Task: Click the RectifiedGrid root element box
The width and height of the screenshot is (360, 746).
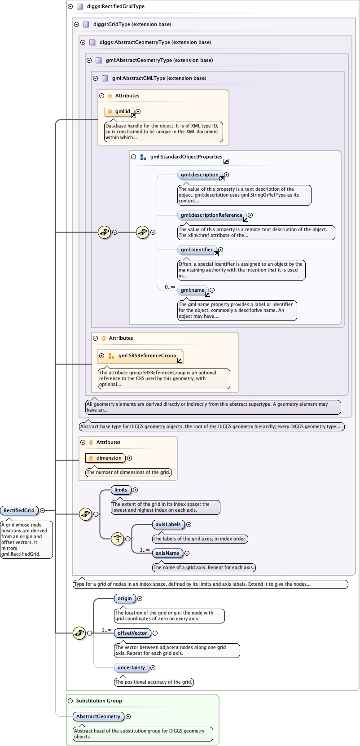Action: [x=19, y=510]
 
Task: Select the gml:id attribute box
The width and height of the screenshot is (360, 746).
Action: [x=119, y=112]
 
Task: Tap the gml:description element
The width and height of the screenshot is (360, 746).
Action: [x=200, y=175]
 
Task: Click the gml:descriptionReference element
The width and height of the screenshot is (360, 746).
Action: [x=212, y=215]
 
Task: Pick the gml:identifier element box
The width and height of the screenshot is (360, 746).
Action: [x=197, y=250]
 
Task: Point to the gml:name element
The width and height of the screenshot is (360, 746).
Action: [x=193, y=290]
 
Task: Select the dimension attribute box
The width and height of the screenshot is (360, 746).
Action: [x=105, y=458]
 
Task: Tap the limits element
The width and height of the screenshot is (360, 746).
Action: [x=121, y=490]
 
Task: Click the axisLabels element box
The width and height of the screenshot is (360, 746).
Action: [x=168, y=525]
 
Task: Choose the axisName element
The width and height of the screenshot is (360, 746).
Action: [x=167, y=553]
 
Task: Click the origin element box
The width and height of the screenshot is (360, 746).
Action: [x=125, y=598]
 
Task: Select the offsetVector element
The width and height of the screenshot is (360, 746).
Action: [x=132, y=633]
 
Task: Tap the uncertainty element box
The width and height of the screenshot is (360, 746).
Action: [x=131, y=668]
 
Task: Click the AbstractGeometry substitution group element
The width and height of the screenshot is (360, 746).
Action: [x=98, y=717]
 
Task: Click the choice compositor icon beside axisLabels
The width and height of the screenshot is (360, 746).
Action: [x=117, y=539]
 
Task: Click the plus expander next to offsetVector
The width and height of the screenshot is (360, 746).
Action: [x=155, y=633]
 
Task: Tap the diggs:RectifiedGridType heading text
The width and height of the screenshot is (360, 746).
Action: [x=115, y=6]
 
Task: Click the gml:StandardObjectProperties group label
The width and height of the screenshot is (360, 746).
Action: [x=186, y=157]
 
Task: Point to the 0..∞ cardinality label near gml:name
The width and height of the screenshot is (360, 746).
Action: [x=170, y=287]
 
